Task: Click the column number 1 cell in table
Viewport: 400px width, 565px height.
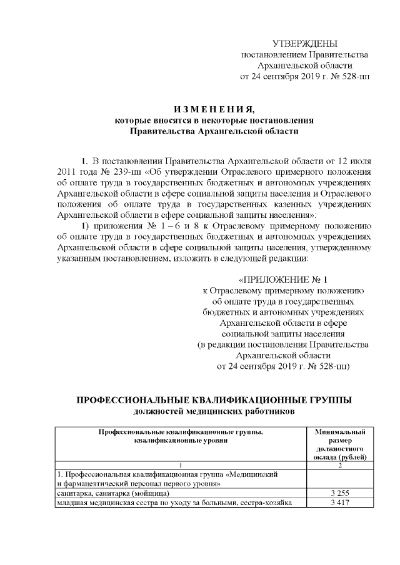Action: (180, 464)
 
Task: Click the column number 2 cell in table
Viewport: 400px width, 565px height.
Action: (340, 464)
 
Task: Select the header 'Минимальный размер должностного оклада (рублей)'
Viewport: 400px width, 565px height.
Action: (340, 444)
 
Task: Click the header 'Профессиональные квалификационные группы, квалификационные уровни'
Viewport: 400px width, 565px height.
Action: (180, 435)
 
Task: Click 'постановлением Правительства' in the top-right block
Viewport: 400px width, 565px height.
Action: (305, 55)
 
